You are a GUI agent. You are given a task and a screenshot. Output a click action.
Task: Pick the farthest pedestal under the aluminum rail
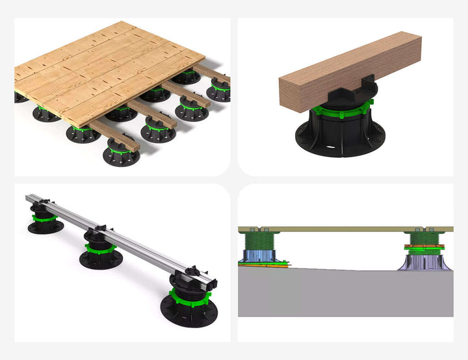point(44,219)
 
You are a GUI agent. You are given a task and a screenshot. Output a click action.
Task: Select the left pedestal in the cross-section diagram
point(261,250)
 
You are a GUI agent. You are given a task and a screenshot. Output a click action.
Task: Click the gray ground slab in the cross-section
point(344,292)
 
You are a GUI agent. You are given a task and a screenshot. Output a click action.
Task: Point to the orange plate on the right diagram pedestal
point(422,246)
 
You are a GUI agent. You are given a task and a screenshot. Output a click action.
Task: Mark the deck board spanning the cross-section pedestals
point(344,229)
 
